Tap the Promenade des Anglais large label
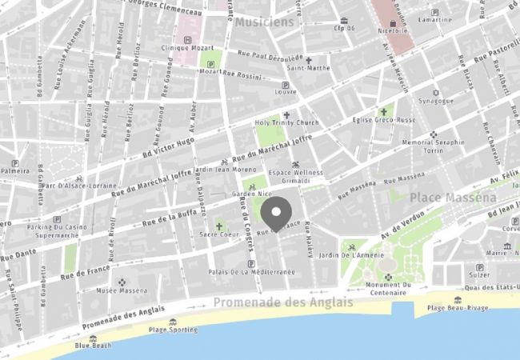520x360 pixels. (x=282, y=302)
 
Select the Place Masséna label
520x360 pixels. (x=453, y=197)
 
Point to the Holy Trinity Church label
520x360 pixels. (x=286, y=122)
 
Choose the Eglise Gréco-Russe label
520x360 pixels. (x=384, y=120)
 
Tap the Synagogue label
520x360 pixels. (x=437, y=101)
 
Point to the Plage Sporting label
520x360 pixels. (x=173, y=330)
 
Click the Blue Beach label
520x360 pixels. (x=94, y=346)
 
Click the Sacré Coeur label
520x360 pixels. (x=218, y=234)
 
